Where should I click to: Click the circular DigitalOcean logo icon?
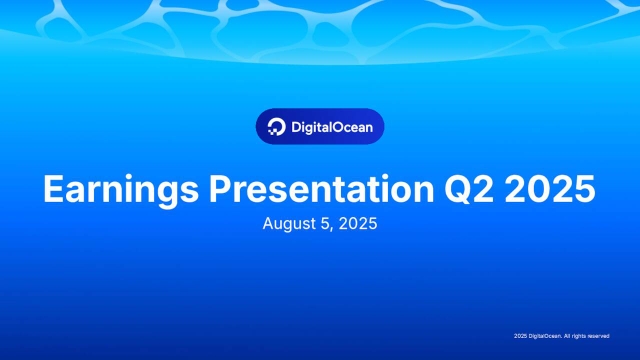pos(276,127)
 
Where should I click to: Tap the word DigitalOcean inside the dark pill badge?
pos(332,127)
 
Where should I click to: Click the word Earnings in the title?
pos(121,190)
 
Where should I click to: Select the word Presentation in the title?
pos(322,189)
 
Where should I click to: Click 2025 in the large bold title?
pos(550,189)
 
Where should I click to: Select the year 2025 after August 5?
pos(358,224)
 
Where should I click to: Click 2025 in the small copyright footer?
pos(520,336)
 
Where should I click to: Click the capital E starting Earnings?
pos(53,189)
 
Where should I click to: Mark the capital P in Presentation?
pos(220,189)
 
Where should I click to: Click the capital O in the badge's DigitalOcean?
pos(339,127)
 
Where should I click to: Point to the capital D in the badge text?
pos(296,127)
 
